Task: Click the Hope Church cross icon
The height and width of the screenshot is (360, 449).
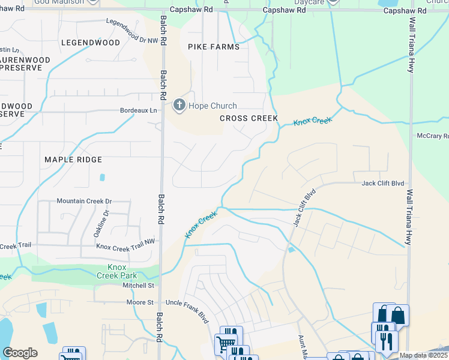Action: click(x=179, y=106)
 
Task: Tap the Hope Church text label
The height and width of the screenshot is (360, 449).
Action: click(x=212, y=106)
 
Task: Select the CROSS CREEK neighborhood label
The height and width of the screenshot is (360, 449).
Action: click(x=249, y=118)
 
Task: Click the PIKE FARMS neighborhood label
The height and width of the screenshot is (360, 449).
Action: click(x=213, y=47)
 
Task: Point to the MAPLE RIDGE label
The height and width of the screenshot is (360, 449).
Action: click(x=73, y=160)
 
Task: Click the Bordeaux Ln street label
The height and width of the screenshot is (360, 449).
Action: click(x=138, y=110)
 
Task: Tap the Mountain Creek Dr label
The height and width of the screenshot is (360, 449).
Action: click(x=84, y=201)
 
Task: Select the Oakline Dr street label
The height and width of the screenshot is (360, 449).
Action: click(x=106, y=221)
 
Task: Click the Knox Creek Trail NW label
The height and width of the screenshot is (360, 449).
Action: click(x=125, y=246)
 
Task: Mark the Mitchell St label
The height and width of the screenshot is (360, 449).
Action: click(x=139, y=286)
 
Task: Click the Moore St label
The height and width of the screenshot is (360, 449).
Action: click(x=140, y=302)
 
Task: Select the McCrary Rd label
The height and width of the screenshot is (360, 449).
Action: click(x=432, y=136)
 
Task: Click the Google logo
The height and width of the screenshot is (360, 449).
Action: click(x=20, y=353)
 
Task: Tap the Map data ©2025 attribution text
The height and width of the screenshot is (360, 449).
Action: click(x=423, y=355)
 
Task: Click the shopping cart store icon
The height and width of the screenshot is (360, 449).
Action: click(x=225, y=344)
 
